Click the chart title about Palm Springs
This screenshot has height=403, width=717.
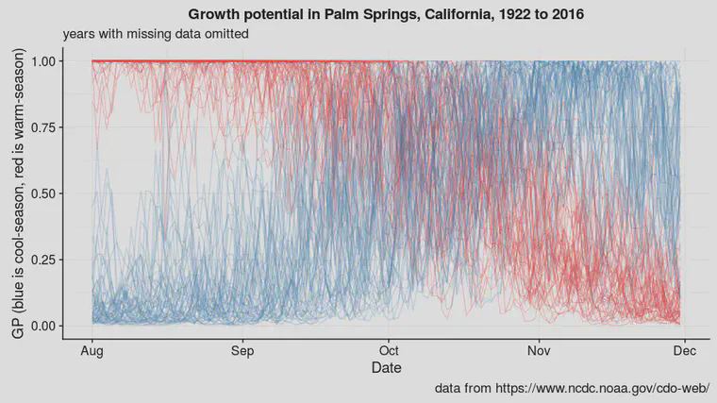point(386,14)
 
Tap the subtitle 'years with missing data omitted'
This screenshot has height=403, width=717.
point(156,34)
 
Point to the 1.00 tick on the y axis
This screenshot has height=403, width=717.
point(43,61)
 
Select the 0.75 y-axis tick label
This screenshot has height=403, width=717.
point(43,127)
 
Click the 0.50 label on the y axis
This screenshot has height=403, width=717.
point(43,193)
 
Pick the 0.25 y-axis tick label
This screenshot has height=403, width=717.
point(43,260)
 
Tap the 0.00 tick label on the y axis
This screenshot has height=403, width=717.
point(43,327)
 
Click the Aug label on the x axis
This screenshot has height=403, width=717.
point(92,351)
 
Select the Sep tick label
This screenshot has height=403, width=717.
point(242,351)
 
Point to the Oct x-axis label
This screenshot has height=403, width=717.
point(389,351)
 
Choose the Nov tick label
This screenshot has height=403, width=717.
point(539,351)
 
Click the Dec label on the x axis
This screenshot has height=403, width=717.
point(685,351)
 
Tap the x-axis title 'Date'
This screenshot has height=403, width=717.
point(387,367)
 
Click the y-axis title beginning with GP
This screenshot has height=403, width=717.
point(18,193)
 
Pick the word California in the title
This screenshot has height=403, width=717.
point(459,15)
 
